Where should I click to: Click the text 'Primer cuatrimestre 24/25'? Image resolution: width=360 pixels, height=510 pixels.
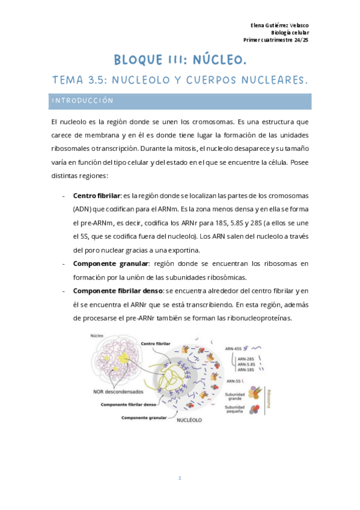276,40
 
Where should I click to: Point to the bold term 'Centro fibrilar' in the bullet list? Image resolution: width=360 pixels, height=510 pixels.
96,196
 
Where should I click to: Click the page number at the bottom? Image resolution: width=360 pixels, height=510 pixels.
180,479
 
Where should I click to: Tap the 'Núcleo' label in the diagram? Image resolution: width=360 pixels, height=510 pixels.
96,336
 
